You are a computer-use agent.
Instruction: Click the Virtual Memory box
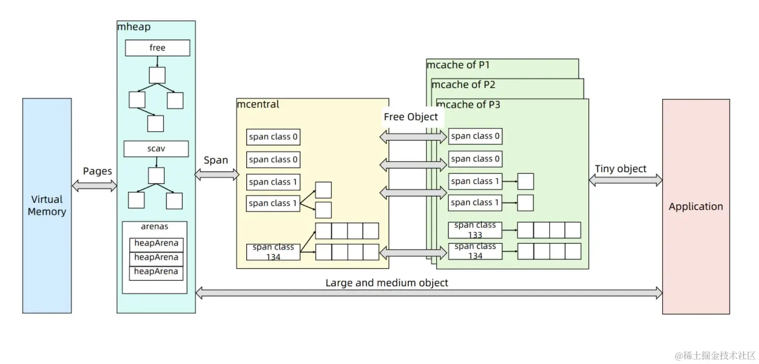tap(47, 205)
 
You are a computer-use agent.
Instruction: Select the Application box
tap(696, 206)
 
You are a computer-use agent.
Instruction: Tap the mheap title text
tap(134, 27)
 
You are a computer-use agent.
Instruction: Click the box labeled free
tap(158, 48)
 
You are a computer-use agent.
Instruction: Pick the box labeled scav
tap(156, 149)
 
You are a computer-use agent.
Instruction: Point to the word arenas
tap(155, 227)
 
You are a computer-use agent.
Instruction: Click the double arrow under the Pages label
tap(94, 186)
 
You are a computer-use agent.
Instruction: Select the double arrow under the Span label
tap(216, 175)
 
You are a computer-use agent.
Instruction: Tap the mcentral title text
tap(258, 105)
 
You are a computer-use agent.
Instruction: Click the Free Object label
tap(410, 117)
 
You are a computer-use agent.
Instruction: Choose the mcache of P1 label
tap(458, 65)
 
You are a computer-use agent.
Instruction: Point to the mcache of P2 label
tap(463, 85)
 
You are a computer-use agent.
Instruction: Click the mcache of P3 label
tap(469, 105)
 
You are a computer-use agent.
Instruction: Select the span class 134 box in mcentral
tap(273, 252)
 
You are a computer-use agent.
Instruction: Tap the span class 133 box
tap(475, 230)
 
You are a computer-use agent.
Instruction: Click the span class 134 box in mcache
tap(475, 251)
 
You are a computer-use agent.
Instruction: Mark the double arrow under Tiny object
tap(625, 180)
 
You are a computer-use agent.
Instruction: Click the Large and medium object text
tap(387, 283)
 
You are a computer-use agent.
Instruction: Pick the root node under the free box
tap(157, 76)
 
